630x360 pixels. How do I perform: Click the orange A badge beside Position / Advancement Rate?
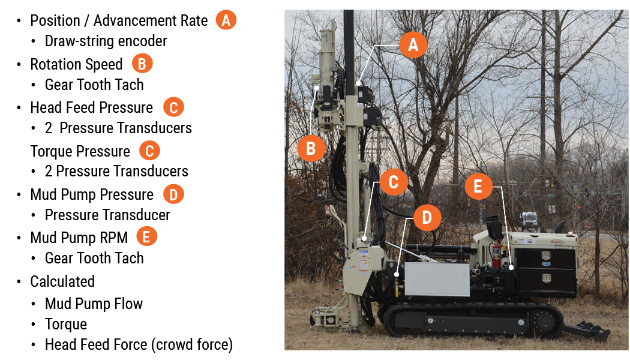click(x=226, y=20)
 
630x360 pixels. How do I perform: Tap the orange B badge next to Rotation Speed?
click(x=142, y=64)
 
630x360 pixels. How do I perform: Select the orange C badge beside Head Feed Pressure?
click(x=173, y=107)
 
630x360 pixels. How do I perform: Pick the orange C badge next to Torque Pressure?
click(x=149, y=151)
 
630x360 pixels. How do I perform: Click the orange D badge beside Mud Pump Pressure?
click(x=173, y=194)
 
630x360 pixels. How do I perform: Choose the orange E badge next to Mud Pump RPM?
click(x=147, y=237)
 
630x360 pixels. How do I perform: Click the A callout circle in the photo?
click(x=413, y=44)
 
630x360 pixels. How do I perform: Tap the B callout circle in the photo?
click(x=311, y=148)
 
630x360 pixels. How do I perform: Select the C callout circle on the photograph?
click(x=394, y=182)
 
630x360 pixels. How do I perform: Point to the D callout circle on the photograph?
click(x=427, y=218)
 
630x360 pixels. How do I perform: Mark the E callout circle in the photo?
click(x=478, y=187)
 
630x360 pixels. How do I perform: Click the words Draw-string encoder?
click(x=106, y=41)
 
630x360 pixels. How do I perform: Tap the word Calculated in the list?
click(x=62, y=281)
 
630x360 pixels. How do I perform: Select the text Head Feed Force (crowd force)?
click(x=139, y=344)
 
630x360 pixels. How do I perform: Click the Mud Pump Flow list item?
click(x=94, y=303)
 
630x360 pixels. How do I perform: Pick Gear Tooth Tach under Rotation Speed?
click(x=94, y=85)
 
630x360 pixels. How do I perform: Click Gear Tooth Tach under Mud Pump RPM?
click(x=94, y=258)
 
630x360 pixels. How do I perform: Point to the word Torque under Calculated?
click(x=66, y=324)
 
